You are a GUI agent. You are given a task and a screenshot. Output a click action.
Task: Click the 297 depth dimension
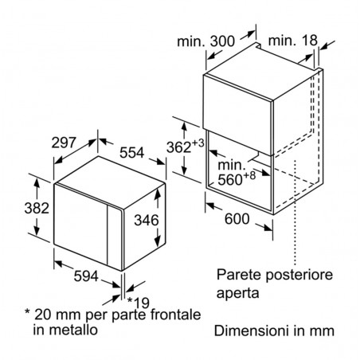pos(64,143)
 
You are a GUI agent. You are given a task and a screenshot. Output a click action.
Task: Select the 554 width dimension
pos(131,153)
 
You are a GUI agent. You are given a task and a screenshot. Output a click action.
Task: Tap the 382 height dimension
pos(37,208)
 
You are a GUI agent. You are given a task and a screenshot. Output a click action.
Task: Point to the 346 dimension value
pos(147,220)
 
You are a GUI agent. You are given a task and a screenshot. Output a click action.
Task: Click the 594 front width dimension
pos(86,276)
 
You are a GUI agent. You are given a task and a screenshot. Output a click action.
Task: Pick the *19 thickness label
pos(139,302)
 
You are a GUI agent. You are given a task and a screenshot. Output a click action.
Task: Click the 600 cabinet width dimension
pos(237,219)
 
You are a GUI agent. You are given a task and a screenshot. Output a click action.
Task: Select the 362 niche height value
pos(178,147)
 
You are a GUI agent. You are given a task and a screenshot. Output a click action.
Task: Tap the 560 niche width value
pos(230,180)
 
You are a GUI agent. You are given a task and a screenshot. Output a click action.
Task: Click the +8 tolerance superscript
pos(249,175)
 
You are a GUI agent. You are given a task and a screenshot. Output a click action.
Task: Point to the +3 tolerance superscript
pos(198,143)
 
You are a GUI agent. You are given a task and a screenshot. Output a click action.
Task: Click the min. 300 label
pos(206,41)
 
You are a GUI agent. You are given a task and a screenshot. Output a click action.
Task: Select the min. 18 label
pos(293,41)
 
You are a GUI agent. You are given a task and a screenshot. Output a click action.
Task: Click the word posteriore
pos(299,276)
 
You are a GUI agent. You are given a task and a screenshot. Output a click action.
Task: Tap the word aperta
pos(238,294)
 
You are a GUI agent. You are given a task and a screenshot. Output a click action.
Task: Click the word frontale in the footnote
pos(176,315)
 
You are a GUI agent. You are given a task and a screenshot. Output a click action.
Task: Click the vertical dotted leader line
pos(295,213)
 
